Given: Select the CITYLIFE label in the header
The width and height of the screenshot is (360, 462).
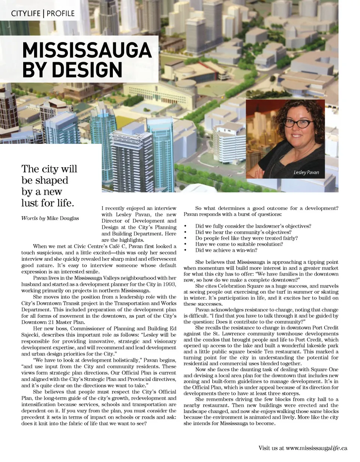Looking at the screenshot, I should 25,14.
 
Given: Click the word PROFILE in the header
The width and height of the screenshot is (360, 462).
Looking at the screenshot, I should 61,14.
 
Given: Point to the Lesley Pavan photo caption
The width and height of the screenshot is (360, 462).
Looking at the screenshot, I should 306,172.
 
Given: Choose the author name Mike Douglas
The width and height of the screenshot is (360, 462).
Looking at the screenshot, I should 63,218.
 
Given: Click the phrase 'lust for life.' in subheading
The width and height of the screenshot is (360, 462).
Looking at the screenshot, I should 48,203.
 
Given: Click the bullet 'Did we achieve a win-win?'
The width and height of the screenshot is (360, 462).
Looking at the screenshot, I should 226,250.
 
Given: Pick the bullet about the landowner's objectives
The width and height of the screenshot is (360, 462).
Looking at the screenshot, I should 253,226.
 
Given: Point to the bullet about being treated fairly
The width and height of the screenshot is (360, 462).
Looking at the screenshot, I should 246,238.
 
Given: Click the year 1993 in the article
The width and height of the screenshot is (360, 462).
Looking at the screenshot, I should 169,284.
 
